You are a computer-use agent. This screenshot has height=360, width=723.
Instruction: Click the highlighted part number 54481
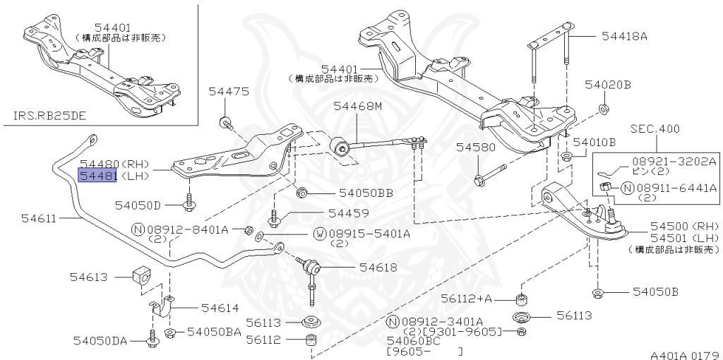tap(97, 176)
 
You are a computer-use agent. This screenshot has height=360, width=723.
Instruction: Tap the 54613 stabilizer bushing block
tap(141, 277)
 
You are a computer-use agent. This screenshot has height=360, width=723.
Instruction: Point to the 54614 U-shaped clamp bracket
tap(165, 308)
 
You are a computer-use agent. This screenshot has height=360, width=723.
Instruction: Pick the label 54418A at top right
tap(624, 35)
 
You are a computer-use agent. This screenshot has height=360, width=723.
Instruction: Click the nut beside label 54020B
tap(604, 109)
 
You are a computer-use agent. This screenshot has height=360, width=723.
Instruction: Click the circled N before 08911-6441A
tap(626, 188)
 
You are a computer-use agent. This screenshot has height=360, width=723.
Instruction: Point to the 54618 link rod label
tap(378, 268)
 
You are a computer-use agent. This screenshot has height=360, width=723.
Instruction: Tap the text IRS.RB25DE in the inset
tap(50, 114)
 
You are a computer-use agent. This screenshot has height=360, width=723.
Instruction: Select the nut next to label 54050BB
tap(301, 191)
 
